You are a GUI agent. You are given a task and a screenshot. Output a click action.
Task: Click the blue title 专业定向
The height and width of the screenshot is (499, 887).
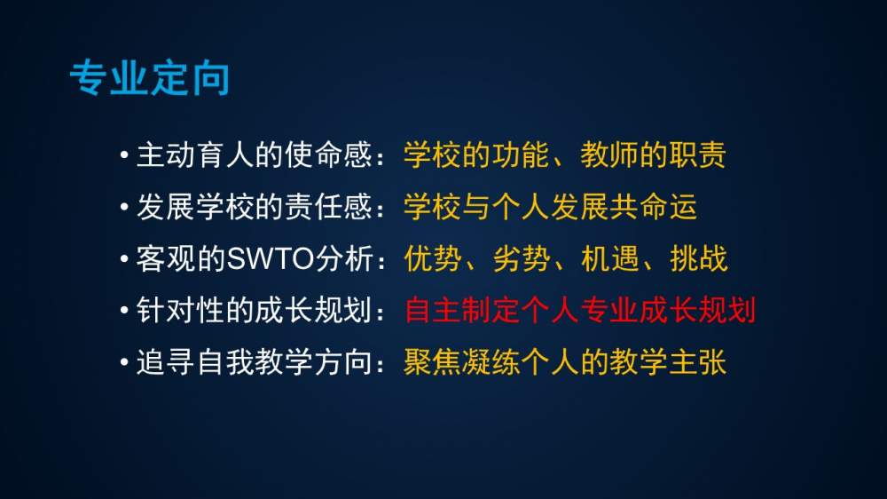[x=149, y=78]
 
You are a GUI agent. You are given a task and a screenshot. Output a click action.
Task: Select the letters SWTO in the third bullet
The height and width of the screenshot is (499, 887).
[x=271, y=259]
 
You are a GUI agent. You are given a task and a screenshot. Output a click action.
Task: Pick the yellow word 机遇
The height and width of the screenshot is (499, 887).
[x=611, y=259]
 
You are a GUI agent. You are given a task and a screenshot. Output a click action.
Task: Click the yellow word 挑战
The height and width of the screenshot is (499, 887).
[x=699, y=259]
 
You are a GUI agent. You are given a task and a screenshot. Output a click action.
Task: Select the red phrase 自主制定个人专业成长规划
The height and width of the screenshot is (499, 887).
[x=580, y=311]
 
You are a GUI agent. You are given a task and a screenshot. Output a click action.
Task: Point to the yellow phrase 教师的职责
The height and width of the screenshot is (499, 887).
[x=654, y=155]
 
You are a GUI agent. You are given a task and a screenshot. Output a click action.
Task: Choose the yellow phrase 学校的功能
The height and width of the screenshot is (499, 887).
[x=477, y=155]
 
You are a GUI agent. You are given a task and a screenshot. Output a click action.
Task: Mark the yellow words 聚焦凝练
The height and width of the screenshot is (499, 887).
[x=463, y=362]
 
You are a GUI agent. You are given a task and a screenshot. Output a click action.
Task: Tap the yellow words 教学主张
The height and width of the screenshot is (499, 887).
[x=669, y=362]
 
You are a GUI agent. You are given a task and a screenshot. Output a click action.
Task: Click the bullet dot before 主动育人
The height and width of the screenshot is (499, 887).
[x=124, y=154]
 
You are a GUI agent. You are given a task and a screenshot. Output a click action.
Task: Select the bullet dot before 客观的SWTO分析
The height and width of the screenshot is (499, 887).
[x=124, y=259]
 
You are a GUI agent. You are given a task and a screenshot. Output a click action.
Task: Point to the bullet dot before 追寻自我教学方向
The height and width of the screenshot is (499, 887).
[x=124, y=362]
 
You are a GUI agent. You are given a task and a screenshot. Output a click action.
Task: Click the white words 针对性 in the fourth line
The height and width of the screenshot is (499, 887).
[x=181, y=311]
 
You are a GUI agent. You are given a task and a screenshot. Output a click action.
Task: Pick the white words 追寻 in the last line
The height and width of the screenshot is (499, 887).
[x=167, y=362]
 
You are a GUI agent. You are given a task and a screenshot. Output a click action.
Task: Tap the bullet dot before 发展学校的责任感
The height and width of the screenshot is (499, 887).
[x=124, y=207]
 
